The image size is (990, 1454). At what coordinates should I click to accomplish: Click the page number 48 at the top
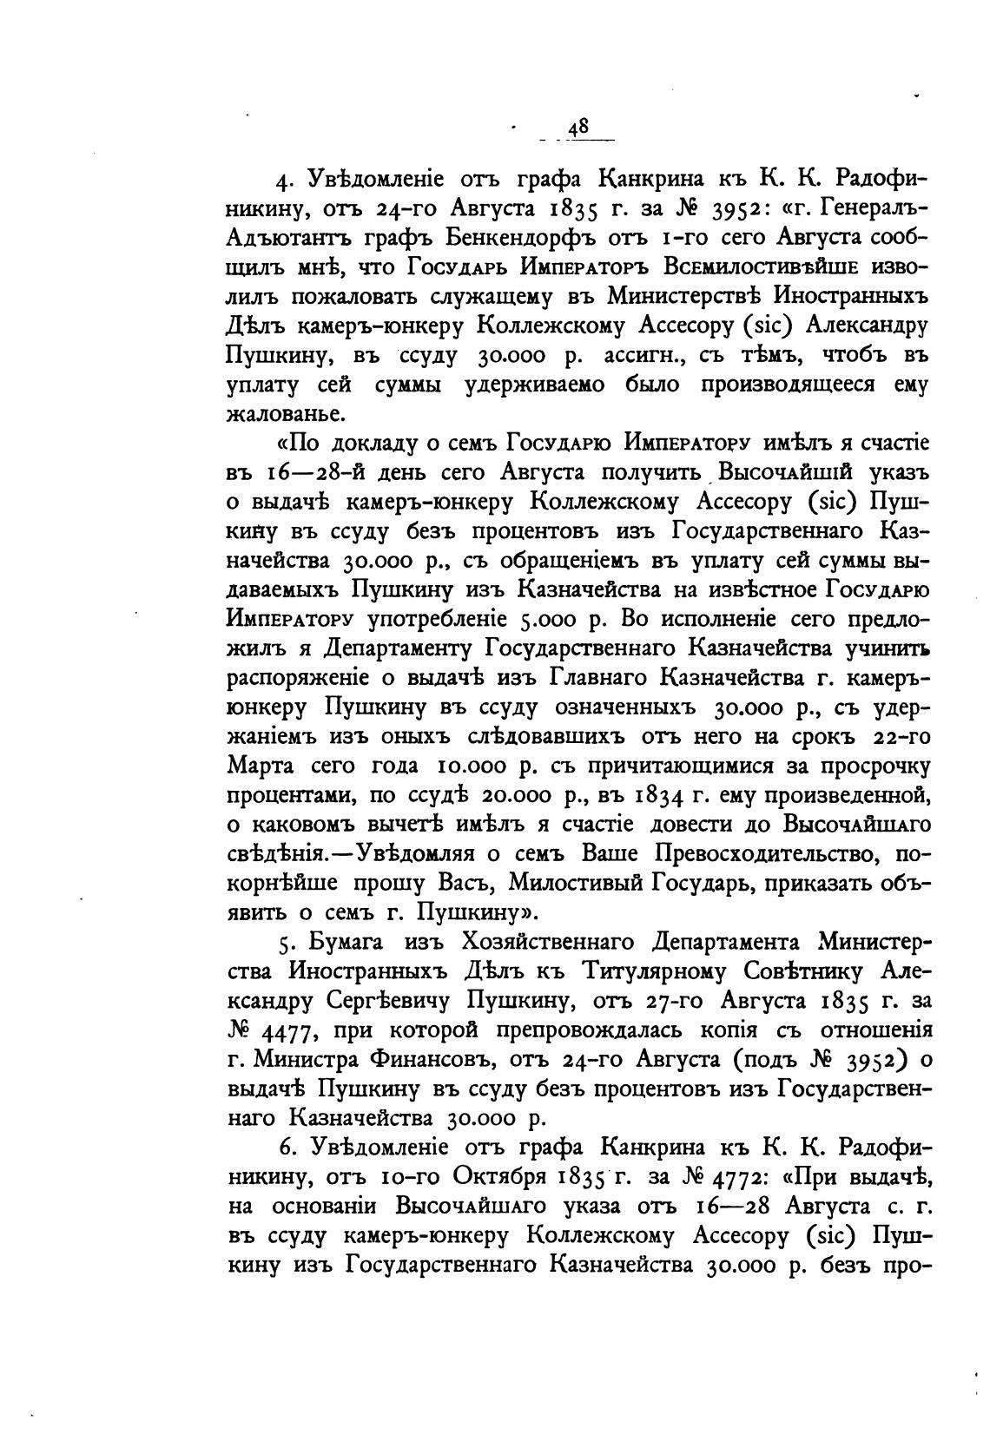pyautogui.click(x=578, y=128)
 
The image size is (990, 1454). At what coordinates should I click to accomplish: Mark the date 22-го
pyautogui.click(x=899, y=738)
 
